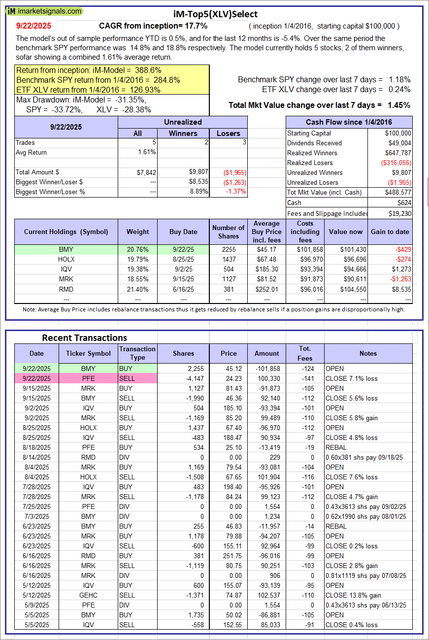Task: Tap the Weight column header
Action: pyautogui.click(x=137, y=232)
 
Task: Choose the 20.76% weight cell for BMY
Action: pyautogui.click(x=137, y=250)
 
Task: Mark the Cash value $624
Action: pyautogui.click(x=404, y=202)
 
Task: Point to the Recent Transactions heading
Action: pyautogui.click(x=84, y=337)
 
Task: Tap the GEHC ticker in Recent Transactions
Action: pyautogui.click(x=89, y=595)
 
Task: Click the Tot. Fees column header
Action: pyautogui.click(x=305, y=353)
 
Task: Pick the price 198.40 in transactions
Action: pyautogui.click(x=229, y=487)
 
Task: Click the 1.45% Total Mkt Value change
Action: pyautogui.click(x=400, y=105)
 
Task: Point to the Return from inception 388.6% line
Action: pyautogui.click(x=89, y=70)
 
